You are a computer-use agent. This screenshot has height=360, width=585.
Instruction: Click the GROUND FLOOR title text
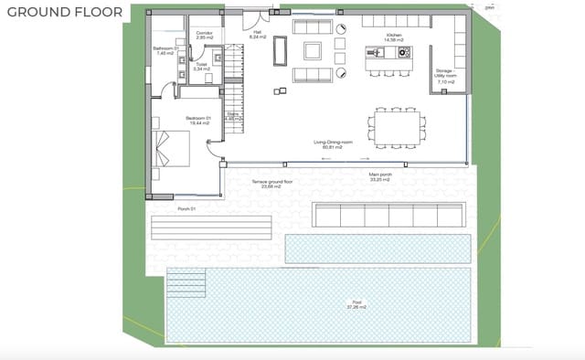tap(63, 16)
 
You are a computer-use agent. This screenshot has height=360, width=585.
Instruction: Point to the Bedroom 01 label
tap(198, 121)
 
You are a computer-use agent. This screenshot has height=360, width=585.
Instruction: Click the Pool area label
tap(356, 304)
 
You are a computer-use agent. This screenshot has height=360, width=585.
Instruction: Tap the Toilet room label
tap(202, 67)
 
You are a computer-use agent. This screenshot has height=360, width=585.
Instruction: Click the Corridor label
tap(205, 37)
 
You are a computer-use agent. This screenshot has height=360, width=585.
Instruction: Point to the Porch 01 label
tap(188, 208)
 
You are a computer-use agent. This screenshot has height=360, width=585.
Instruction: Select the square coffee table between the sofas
tap(313, 52)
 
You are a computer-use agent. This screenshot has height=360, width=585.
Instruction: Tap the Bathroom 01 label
tap(165, 51)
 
